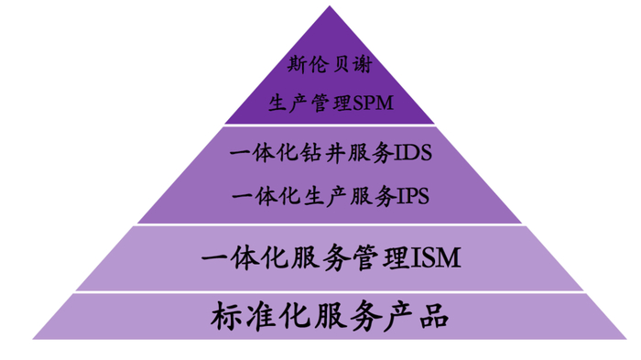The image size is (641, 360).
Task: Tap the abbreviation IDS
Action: point(412,153)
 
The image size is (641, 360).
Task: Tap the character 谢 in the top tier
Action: point(364,66)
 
